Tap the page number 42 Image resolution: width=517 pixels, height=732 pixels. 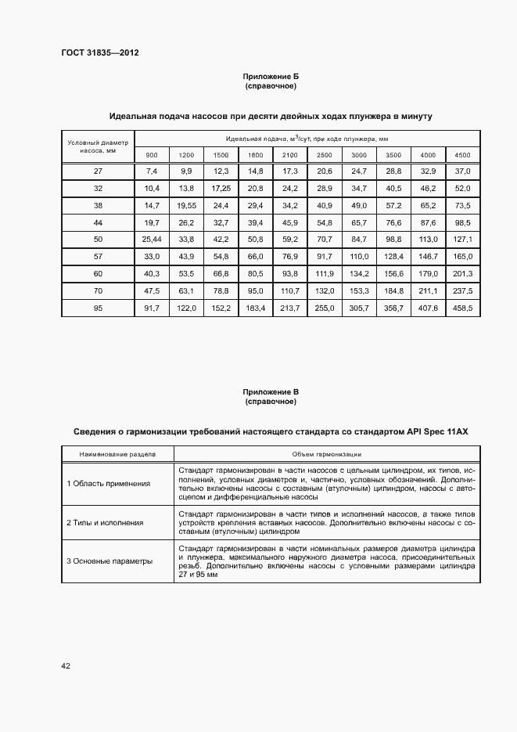click(66, 665)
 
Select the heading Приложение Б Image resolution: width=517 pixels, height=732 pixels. click(271, 76)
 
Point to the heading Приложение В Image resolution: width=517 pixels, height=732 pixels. click(271, 391)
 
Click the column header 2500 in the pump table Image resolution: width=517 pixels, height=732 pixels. click(325, 154)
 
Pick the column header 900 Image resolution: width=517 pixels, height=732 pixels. click(152, 154)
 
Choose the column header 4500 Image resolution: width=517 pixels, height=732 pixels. click(462, 154)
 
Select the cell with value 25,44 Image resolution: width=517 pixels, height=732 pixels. click(152, 239)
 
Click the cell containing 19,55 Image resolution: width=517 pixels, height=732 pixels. click(186, 205)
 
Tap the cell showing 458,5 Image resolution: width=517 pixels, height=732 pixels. click(462, 308)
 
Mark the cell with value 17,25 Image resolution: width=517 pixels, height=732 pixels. click(221, 188)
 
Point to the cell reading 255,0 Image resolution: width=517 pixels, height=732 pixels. click(325, 308)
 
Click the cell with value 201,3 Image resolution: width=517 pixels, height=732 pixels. click(462, 273)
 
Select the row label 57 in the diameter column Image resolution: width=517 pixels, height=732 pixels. click(98, 256)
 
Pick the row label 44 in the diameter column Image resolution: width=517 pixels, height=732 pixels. click(98, 222)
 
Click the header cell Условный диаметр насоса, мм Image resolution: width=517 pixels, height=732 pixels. click(98, 146)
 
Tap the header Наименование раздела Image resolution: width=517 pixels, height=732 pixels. click(117, 453)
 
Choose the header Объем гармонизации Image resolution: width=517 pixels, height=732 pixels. click(326, 453)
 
